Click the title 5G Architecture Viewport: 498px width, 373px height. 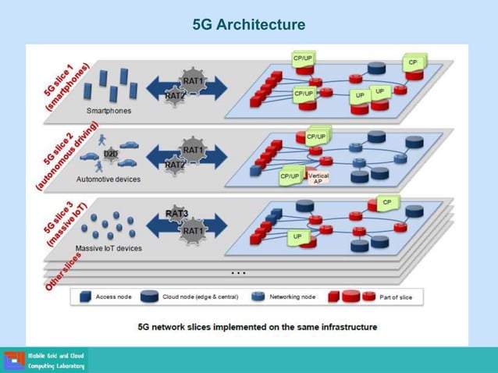click(x=249, y=25)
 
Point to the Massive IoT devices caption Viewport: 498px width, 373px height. click(x=108, y=248)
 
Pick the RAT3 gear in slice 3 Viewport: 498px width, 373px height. click(x=177, y=214)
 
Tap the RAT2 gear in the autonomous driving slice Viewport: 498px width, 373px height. click(x=175, y=165)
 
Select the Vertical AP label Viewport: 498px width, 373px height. click(x=318, y=178)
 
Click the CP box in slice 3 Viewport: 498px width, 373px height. click(x=386, y=203)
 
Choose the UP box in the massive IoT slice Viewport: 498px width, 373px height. click(x=297, y=236)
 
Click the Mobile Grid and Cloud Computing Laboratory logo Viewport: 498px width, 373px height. click(x=45, y=361)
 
